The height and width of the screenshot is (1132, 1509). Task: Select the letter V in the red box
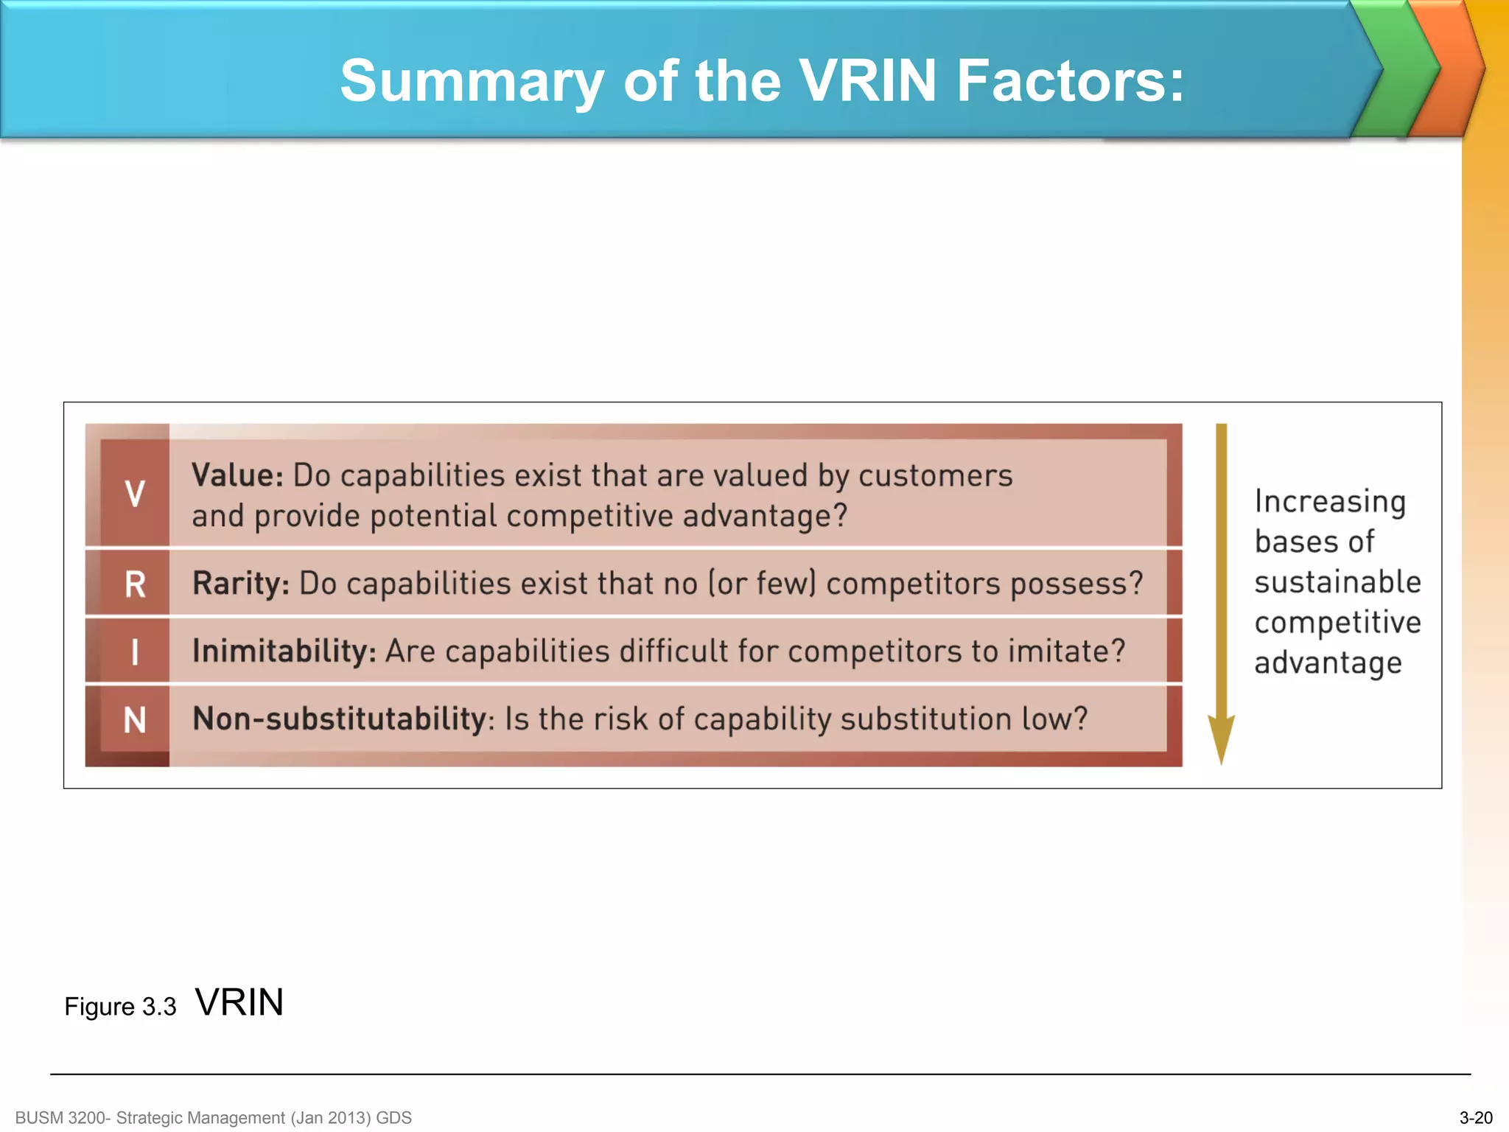[135, 493]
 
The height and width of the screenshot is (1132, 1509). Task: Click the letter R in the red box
[135, 584]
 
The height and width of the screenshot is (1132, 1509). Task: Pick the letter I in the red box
[135, 652]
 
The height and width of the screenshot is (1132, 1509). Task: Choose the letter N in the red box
[135, 720]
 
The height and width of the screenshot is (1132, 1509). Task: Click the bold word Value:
[237, 475]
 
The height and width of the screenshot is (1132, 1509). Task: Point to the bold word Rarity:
[241, 584]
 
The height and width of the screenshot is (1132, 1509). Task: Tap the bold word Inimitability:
[284, 651]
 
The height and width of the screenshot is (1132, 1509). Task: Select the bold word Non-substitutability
[339, 719]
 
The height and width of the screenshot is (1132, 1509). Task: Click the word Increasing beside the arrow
[1330, 502]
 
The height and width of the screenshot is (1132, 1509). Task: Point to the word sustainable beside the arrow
[1337, 582]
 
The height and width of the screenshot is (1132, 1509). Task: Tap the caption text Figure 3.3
[120, 1007]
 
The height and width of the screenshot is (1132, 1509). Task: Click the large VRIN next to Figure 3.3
[239, 1002]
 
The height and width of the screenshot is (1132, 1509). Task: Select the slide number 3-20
[1475, 1118]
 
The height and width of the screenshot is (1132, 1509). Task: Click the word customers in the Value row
[935, 476]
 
